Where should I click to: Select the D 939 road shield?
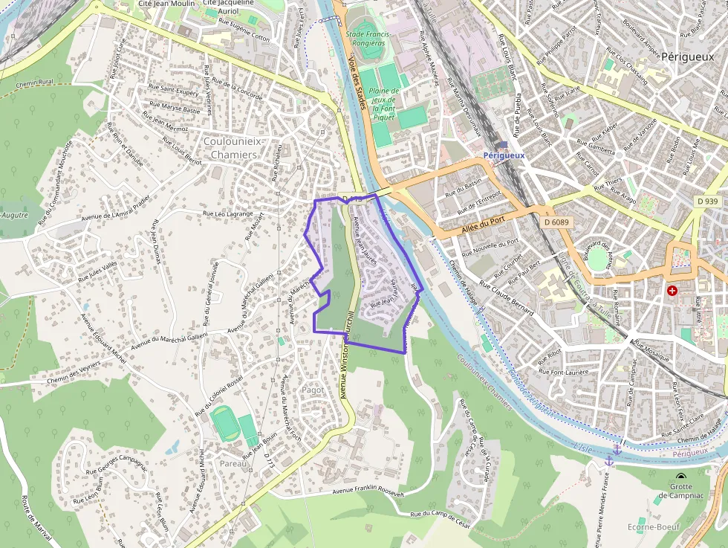pos(708,202)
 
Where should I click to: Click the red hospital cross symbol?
pos(672,291)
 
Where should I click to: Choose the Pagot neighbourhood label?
pos(313,389)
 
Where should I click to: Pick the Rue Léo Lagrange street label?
pos(228,213)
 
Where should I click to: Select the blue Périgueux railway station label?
pos(504,155)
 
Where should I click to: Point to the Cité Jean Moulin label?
pos(166,4)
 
